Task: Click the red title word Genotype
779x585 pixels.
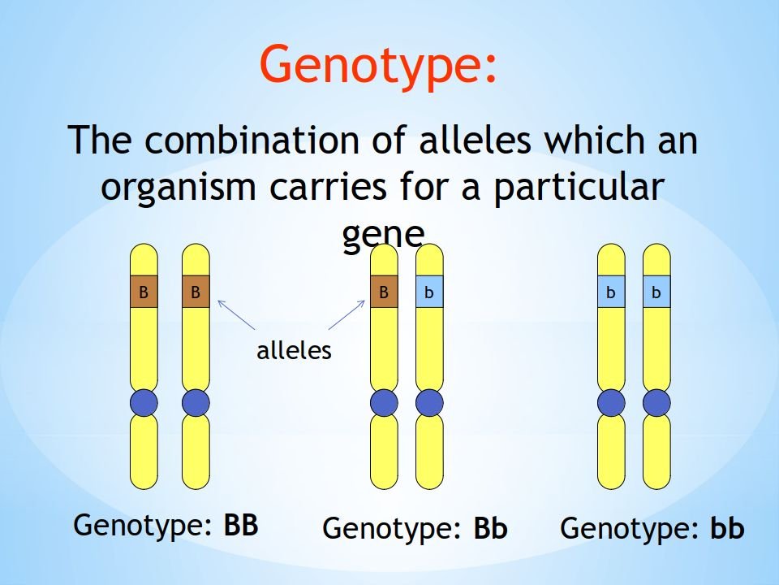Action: coord(372,66)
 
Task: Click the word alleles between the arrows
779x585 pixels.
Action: coord(294,351)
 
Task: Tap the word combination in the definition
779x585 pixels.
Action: coord(258,140)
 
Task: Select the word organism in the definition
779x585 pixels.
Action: coord(179,188)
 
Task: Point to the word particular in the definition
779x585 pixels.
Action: coord(579,188)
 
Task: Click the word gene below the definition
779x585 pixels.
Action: coord(383,234)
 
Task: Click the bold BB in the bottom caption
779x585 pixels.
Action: coord(241,525)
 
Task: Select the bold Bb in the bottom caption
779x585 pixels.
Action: coord(490,528)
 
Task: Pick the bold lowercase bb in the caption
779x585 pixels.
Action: coord(727,527)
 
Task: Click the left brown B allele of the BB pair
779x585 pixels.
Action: coord(144,292)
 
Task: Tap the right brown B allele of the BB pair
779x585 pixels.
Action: coord(196,292)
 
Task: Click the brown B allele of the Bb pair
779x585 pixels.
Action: coord(384,292)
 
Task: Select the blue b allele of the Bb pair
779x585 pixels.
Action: coord(429,292)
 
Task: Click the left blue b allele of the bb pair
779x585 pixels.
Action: coord(611,292)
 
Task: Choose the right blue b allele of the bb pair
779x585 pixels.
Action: coord(656,292)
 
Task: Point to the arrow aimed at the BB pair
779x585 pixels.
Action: coord(236,315)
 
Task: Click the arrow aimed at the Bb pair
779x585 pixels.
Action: coord(346,315)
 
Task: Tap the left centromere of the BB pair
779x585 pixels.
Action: coord(144,403)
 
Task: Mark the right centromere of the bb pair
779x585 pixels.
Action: coord(656,403)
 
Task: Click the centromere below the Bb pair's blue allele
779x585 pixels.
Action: coord(429,403)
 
